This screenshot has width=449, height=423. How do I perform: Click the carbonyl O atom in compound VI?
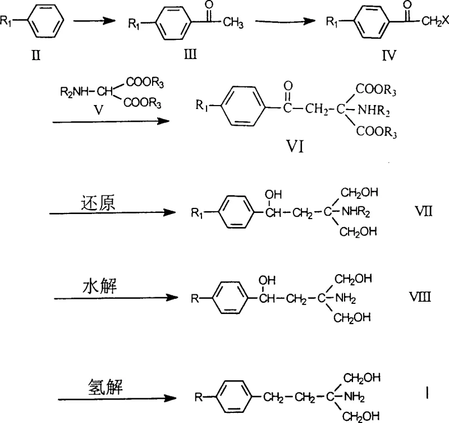[x=288, y=86]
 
